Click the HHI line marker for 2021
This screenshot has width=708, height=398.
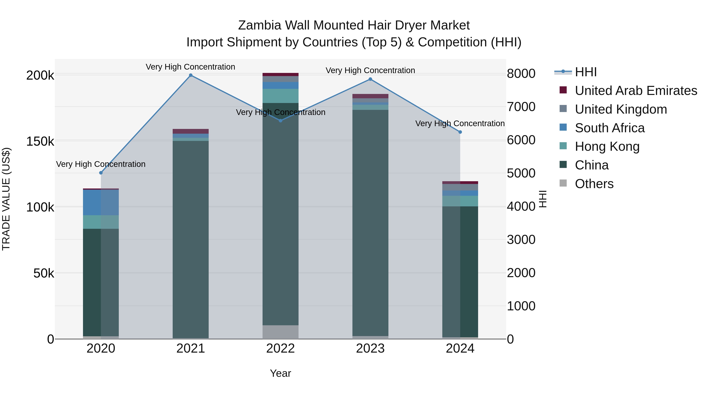191,75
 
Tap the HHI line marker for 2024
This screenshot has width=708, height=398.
460,132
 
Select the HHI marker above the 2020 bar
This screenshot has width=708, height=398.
101,173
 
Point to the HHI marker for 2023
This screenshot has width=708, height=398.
370,79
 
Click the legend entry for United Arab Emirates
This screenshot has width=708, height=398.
636,91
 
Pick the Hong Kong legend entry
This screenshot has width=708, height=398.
607,147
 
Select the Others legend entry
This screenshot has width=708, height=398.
594,184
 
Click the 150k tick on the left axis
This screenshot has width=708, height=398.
40,142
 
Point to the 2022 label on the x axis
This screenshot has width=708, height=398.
280,348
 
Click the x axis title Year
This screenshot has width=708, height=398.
280,373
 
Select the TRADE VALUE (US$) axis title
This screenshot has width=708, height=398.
6,199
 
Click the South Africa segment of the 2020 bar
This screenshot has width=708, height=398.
101,202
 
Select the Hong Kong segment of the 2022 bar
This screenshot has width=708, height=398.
280,96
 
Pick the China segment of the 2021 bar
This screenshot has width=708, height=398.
191,239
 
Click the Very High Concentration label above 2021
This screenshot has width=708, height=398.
190,67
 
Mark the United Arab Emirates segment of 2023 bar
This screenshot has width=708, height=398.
370,96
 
